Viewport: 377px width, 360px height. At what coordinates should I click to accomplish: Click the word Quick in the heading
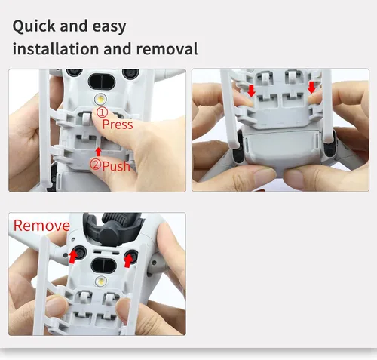(34, 26)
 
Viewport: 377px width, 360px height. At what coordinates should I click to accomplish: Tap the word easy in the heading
(109, 26)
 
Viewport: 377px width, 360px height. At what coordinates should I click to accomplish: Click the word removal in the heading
(167, 49)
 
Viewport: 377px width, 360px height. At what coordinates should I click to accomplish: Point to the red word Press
(118, 125)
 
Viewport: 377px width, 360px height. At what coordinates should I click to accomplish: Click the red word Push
(116, 166)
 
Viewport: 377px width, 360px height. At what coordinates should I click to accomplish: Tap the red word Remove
(41, 226)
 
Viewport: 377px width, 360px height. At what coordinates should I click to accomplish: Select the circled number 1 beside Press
(102, 112)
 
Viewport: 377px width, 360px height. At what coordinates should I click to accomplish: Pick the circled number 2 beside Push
(96, 165)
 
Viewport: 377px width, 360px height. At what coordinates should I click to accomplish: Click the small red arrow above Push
(99, 152)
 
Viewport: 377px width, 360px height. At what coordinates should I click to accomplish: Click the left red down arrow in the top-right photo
(251, 91)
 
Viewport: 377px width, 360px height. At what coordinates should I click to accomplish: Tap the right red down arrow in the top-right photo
(311, 88)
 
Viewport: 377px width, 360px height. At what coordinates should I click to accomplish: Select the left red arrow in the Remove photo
(73, 257)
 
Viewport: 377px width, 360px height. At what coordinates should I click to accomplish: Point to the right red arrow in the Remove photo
(129, 260)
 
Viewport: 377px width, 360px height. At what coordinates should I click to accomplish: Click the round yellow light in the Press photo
(100, 99)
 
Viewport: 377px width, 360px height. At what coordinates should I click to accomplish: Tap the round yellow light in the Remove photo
(101, 281)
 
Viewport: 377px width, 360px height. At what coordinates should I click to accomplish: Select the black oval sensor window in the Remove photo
(103, 265)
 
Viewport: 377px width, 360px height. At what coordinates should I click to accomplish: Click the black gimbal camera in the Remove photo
(113, 228)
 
